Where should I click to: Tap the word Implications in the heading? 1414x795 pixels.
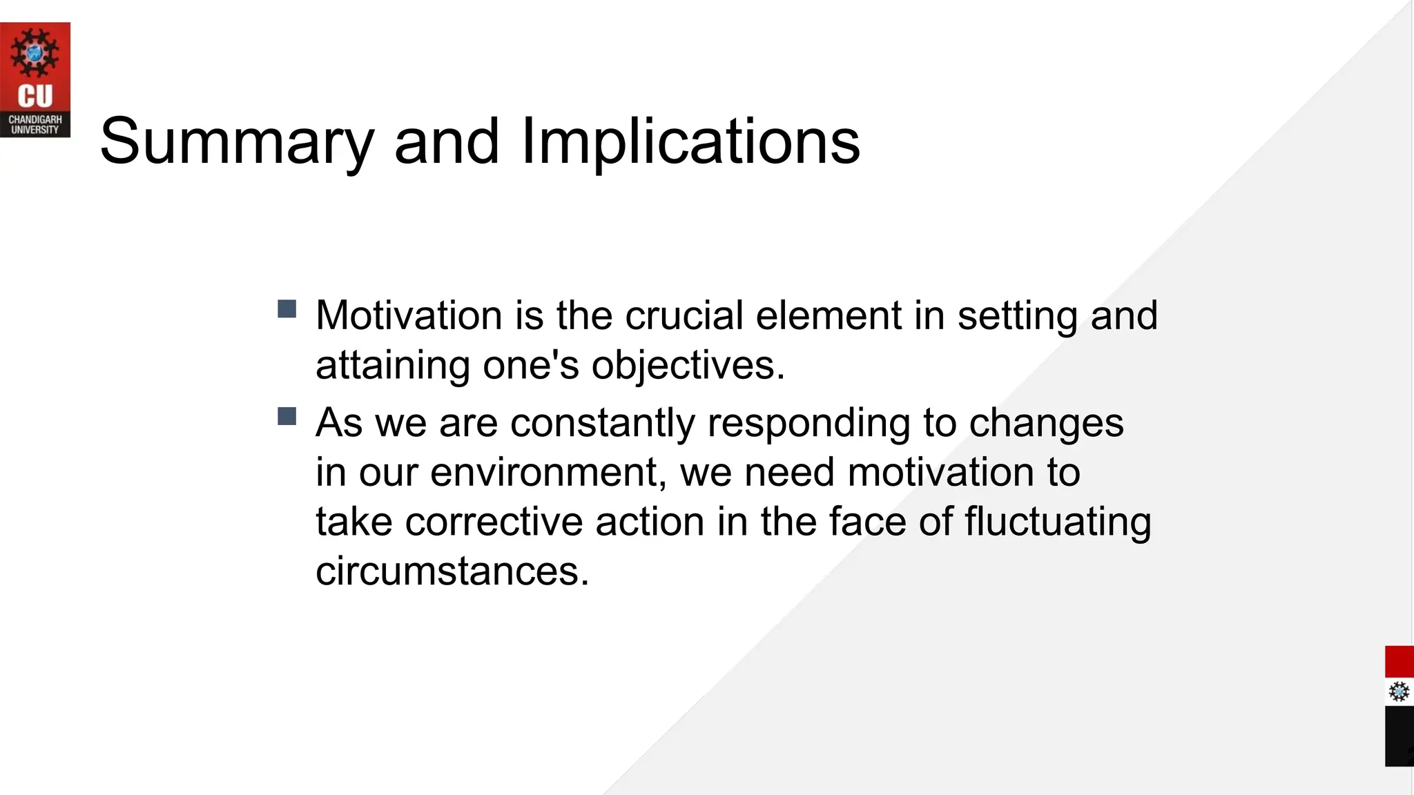pyautogui.click(x=690, y=141)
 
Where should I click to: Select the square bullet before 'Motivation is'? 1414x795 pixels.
pyautogui.click(x=287, y=308)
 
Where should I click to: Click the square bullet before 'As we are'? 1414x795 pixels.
pyautogui.click(x=287, y=416)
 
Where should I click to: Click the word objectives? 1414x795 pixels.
pyautogui.click(x=688, y=365)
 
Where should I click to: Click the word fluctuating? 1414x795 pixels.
pyautogui.click(x=1058, y=522)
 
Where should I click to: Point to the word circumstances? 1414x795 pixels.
pyautogui.click(x=452, y=571)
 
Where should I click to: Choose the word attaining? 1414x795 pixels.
pyautogui.click(x=393, y=365)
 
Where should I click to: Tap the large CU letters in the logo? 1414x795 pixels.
pyautogui.click(x=35, y=97)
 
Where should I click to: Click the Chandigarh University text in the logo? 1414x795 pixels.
pyautogui.click(x=35, y=125)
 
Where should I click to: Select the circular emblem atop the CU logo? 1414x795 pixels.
pyautogui.click(x=35, y=52)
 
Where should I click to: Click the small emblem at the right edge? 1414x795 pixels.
pyautogui.click(x=1399, y=691)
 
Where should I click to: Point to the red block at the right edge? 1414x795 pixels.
pyautogui.click(x=1400, y=662)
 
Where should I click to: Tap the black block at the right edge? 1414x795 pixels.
pyautogui.click(x=1400, y=736)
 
